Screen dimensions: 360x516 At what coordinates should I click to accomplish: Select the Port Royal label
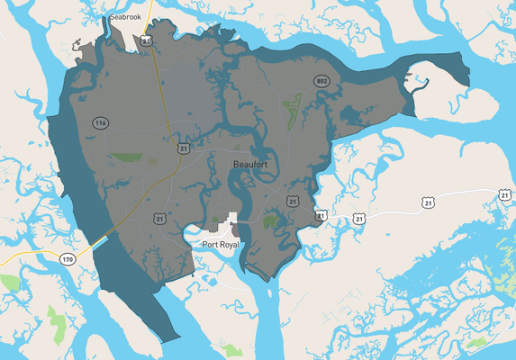pyautogui.click(x=222, y=244)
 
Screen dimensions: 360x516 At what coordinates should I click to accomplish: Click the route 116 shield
pyautogui.click(x=99, y=121)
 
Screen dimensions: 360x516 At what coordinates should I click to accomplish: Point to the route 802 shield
pyautogui.click(x=321, y=81)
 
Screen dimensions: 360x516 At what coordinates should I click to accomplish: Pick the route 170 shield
pyautogui.click(x=68, y=259)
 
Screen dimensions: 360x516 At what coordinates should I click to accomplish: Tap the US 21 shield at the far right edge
pyautogui.click(x=504, y=194)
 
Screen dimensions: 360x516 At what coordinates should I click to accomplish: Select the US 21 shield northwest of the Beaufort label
pyautogui.click(x=184, y=147)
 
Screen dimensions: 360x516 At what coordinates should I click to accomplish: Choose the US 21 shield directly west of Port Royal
pyautogui.click(x=159, y=218)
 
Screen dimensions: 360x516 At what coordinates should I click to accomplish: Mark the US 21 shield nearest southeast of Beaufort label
pyautogui.click(x=292, y=200)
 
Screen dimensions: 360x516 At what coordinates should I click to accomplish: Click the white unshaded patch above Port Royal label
pyautogui.click(x=235, y=220)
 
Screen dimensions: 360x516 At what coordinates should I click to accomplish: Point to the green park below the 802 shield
pyautogui.click(x=293, y=112)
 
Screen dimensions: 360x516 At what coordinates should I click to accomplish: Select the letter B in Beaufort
pyautogui.click(x=236, y=164)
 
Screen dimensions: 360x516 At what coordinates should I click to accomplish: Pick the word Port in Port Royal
pyautogui.click(x=209, y=244)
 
